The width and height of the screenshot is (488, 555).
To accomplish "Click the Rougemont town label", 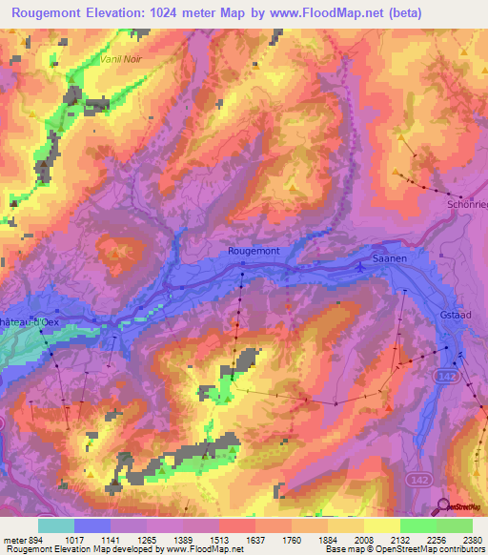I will tap(253, 251).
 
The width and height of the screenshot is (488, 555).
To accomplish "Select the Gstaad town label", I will tap(463, 315).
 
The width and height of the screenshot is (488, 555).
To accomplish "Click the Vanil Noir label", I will tap(121, 58).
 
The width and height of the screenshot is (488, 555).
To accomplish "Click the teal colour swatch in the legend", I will tap(55, 525).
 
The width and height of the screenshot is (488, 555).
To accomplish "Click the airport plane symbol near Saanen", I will tap(359, 267).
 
